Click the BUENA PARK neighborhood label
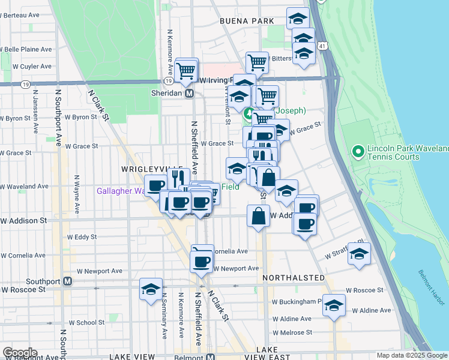click(x=247, y=21)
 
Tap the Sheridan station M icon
click(x=189, y=94)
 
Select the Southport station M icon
click(x=68, y=281)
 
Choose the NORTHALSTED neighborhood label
click(x=294, y=278)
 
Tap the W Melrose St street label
click(x=292, y=332)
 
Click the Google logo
click(x=19, y=353)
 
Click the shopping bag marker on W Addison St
click(x=258, y=217)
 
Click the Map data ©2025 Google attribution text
click(x=412, y=355)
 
